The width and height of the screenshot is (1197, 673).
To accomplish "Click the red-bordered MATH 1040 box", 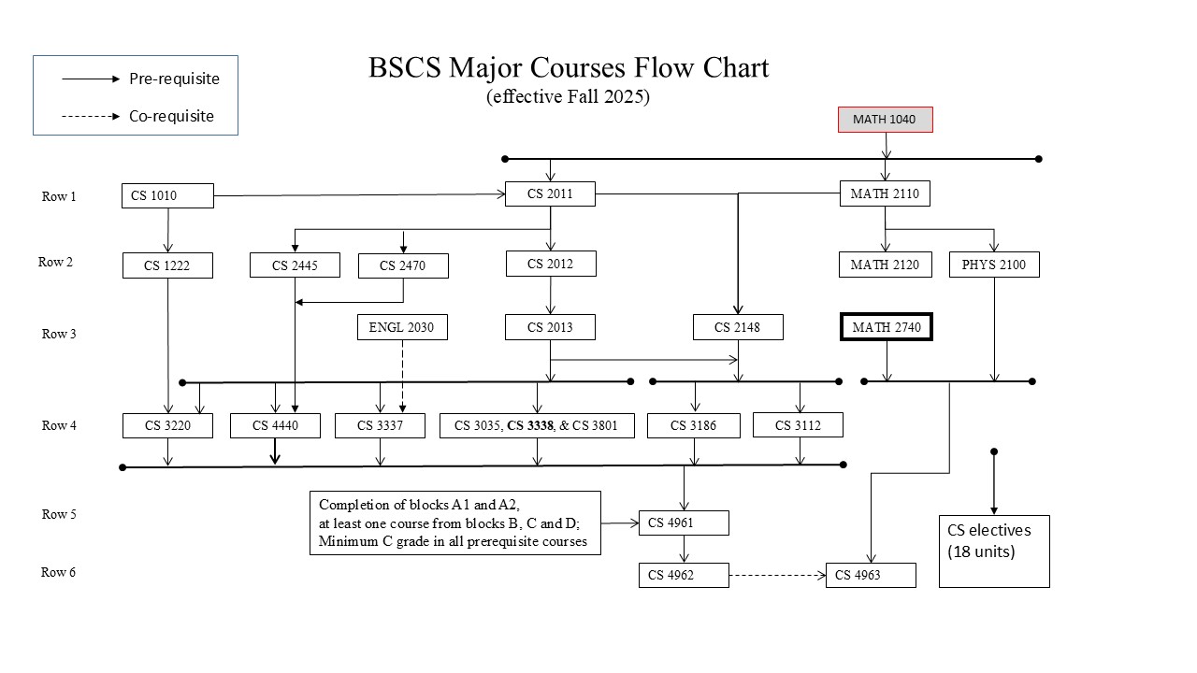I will coord(885,120).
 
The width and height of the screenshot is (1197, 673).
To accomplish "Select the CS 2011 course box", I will coord(550,194).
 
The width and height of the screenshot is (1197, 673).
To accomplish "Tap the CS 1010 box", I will coord(167,196).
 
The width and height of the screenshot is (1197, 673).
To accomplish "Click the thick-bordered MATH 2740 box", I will coord(886,327).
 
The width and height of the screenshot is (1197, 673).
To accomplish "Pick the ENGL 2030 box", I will coord(402,327).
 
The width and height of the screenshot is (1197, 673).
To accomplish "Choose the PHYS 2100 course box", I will coord(993,265).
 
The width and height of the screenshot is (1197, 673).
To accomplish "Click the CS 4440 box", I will coord(275,425).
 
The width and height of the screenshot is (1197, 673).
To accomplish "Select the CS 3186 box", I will coord(694,425).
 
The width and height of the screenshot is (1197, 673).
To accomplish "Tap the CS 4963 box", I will coord(870,576).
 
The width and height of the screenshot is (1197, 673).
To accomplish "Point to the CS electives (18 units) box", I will coord(993,551).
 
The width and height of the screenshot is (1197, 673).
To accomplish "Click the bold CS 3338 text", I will coord(530,425).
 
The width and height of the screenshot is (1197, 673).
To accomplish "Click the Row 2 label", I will coord(55,262).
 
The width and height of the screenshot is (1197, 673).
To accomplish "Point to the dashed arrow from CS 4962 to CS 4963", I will coord(776,576).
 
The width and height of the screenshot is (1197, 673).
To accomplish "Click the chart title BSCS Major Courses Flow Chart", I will coord(568,68).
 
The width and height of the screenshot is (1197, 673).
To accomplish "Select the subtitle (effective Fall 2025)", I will coord(568,96).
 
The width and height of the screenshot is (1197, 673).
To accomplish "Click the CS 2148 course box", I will coord(738,327).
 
